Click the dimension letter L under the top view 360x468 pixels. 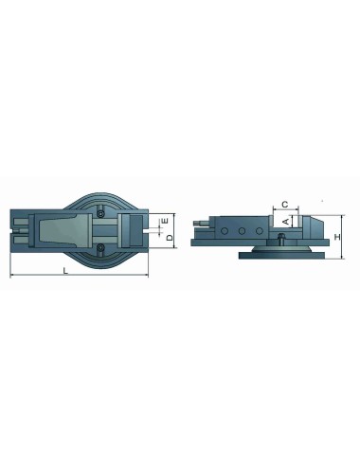click(x=63, y=271)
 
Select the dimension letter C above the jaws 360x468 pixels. click(x=285, y=202)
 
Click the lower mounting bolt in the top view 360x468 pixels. click(x=103, y=250)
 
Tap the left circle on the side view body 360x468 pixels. click(x=229, y=231)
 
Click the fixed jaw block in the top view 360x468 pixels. click(x=133, y=227)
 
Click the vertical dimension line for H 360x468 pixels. click(x=329, y=232)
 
